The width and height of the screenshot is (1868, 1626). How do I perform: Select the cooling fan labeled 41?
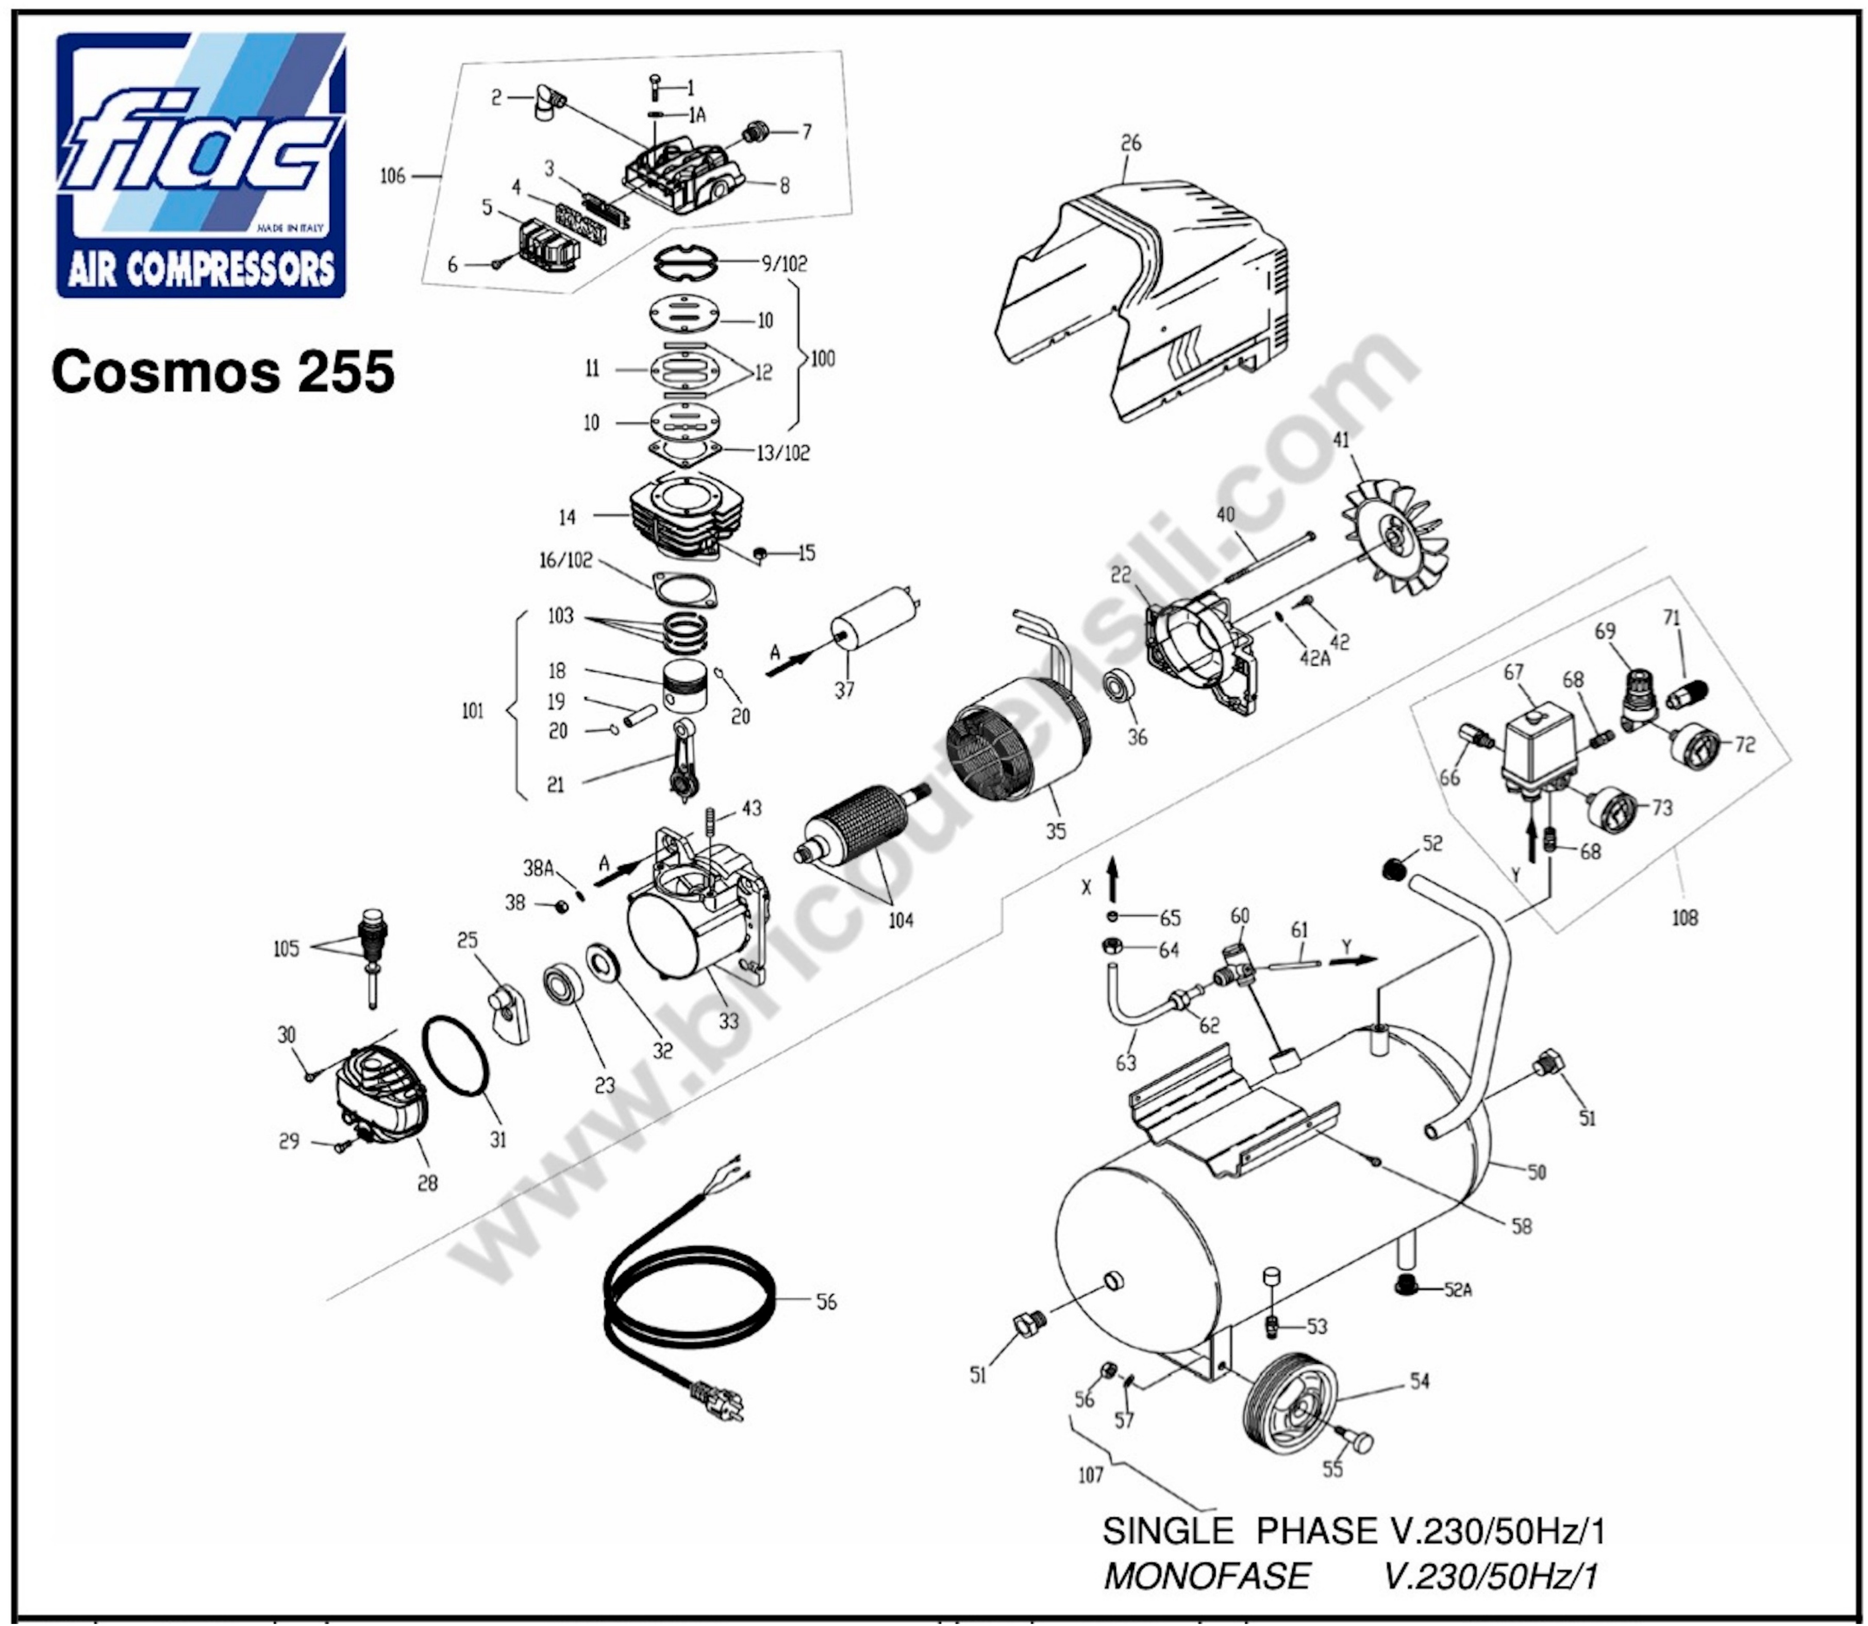coord(1396,538)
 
